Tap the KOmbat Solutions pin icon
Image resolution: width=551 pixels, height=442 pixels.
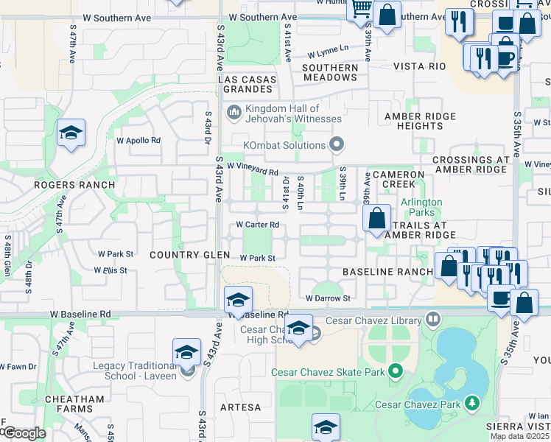(x=337, y=143)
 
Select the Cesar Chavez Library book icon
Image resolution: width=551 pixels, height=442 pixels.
(x=432, y=320)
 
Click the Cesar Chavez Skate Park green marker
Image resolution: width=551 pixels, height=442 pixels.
(x=396, y=372)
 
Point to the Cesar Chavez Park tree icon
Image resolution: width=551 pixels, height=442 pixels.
(x=471, y=403)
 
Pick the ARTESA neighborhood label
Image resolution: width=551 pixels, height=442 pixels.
(x=240, y=407)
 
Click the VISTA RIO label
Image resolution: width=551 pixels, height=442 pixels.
(x=420, y=66)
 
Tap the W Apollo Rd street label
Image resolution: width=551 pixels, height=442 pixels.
(x=138, y=140)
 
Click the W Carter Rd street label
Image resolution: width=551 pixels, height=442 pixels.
(x=257, y=225)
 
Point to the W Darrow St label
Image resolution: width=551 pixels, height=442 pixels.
(x=328, y=298)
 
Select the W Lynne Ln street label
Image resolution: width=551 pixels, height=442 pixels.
(x=328, y=52)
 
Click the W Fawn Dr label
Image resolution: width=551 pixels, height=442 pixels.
(x=18, y=366)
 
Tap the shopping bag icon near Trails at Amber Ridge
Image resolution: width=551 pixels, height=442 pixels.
(x=376, y=218)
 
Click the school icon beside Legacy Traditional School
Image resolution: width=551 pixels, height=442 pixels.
(x=187, y=352)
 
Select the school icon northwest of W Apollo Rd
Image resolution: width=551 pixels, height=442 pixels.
(x=71, y=133)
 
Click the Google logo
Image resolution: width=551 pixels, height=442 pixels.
(x=24, y=434)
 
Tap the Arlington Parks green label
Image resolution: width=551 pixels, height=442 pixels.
(x=421, y=208)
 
